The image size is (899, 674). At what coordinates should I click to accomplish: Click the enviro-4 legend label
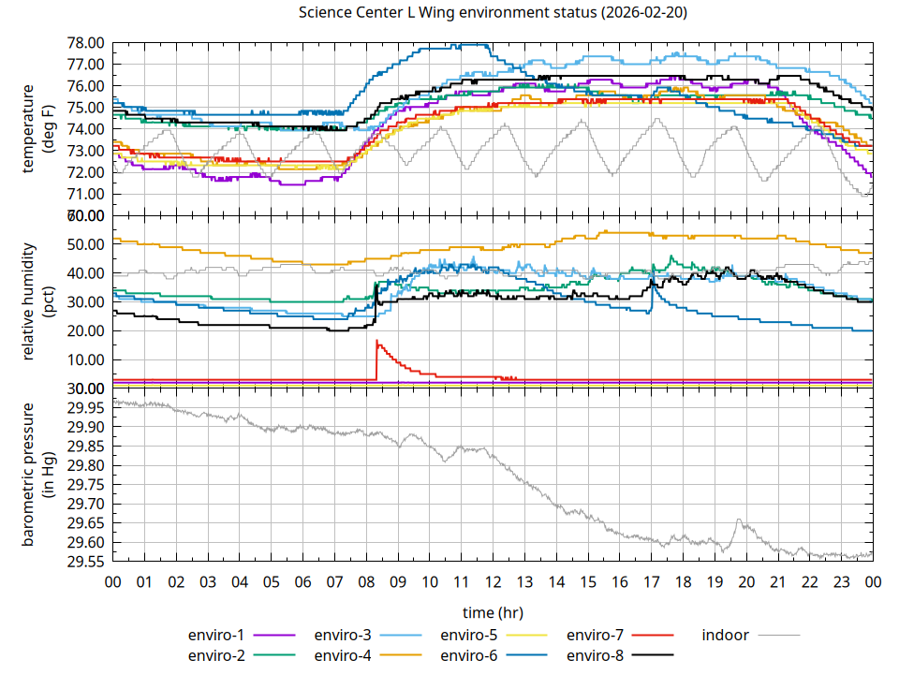click(344, 655)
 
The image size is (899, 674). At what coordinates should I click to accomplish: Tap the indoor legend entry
click(726, 635)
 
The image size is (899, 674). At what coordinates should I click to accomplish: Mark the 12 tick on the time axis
click(493, 582)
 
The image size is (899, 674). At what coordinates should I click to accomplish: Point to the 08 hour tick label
click(366, 582)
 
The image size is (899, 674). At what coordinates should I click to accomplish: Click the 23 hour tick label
click(841, 582)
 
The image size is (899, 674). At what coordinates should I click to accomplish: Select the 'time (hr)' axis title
click(493, 612)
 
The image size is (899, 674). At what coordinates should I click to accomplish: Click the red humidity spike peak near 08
click(376, 341)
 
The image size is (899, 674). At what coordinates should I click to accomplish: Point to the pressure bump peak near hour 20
click(739, 520)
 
